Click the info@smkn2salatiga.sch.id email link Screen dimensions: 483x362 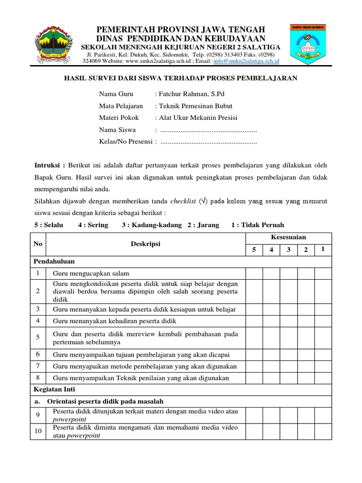(247, 61)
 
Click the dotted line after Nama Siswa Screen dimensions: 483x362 (209, 130)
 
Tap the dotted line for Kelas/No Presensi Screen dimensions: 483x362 (209, 142)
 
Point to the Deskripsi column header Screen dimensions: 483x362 (146, 244)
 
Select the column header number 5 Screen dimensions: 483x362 (254, 250)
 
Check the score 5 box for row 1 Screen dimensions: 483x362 (254, 274)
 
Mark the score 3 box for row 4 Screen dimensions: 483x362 (288, 321)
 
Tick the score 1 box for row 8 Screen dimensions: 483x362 (323, 378)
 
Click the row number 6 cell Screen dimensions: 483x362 (38, 354)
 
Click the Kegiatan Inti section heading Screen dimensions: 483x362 (55, 390)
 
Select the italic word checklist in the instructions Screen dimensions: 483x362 (182, 201)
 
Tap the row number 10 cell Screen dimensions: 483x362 (38, 431)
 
